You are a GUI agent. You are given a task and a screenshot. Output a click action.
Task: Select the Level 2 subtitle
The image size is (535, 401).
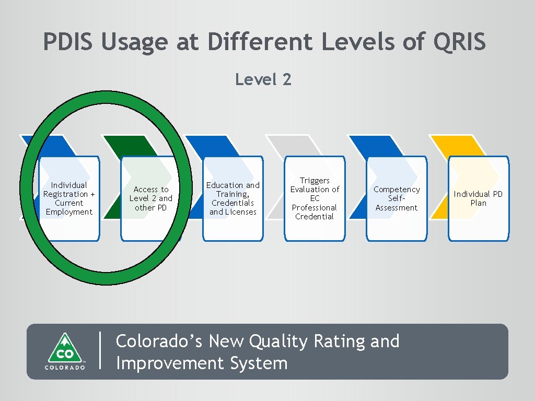point(263,80)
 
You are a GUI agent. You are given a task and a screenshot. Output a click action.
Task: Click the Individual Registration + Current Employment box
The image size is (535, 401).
point(69,198)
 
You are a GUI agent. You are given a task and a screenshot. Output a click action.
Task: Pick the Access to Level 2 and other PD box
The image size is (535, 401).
point(150,198)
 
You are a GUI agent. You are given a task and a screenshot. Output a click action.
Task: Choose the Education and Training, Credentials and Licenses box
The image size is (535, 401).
point(232,198)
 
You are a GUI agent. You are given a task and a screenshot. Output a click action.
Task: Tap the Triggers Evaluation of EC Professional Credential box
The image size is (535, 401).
point(315,198)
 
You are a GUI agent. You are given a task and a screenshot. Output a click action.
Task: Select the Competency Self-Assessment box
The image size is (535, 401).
point(396,198)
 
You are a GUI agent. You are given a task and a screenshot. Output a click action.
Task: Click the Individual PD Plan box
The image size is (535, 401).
point(478,198)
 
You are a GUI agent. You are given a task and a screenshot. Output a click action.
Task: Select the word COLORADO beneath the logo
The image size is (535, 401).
point(64,368)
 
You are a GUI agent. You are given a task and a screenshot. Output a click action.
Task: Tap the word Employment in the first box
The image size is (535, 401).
point(69,212)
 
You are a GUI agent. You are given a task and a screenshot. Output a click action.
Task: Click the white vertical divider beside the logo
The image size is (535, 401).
point(99,351)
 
